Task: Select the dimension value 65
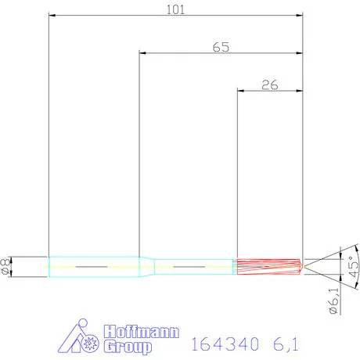click(221, 47)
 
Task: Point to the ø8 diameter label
click(7, 267)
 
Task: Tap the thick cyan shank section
click(94, 267)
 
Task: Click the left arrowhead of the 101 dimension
click(52, 15)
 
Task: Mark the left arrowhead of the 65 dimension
click(142, 53)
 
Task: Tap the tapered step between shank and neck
click(146, 267)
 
